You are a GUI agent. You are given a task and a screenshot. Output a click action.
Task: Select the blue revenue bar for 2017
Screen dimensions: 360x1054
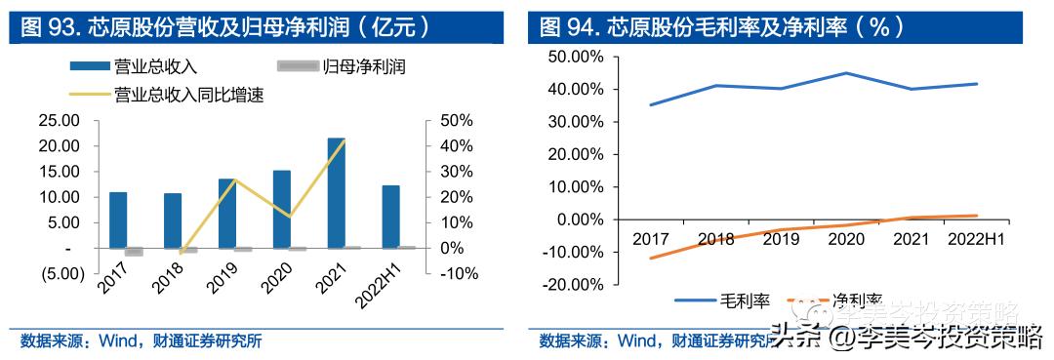(118, 220)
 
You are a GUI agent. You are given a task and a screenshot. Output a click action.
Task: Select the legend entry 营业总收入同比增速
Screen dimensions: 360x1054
(166, 95)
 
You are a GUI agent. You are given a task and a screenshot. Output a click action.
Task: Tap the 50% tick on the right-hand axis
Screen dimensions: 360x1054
(457, 121)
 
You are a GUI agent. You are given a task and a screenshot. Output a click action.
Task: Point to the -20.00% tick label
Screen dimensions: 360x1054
(574, 285)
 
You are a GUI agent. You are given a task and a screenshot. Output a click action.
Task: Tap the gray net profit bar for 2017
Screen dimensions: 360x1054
(134, 252)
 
